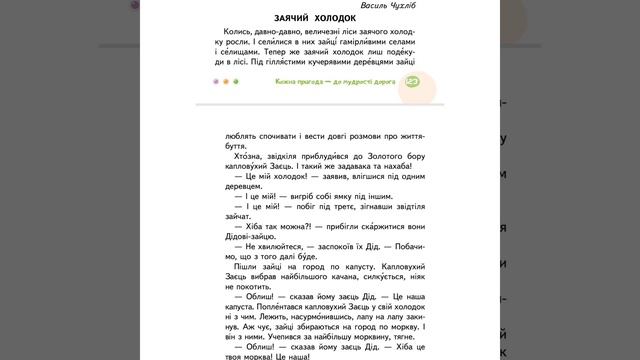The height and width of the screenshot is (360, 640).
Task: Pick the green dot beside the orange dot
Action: pos(236,82)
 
